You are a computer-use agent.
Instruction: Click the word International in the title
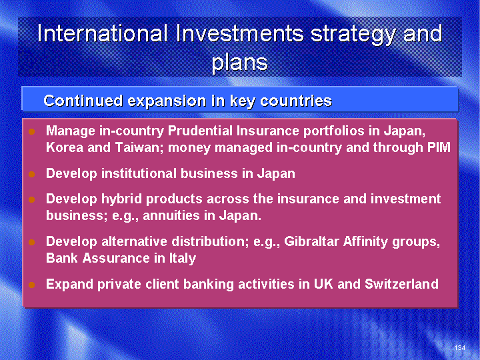click(x=103, y=33)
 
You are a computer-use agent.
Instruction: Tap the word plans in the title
click(x=240, y=63)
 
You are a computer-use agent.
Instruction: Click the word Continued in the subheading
click(x=83, y=101)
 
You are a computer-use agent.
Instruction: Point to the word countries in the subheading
click(x=296, y=101)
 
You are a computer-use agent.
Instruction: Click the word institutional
click(x=139, y=173)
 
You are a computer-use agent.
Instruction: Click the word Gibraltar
click(x=311, y=241)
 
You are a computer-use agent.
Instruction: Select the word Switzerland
click(x=401, y=284)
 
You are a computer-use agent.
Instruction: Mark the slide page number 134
click(x=460, y=347)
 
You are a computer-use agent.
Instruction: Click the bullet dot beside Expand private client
click(x=31, y=285)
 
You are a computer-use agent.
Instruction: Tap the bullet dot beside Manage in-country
click(x=31, y=132)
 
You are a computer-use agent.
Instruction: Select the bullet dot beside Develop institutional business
click(x=31, y=175)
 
